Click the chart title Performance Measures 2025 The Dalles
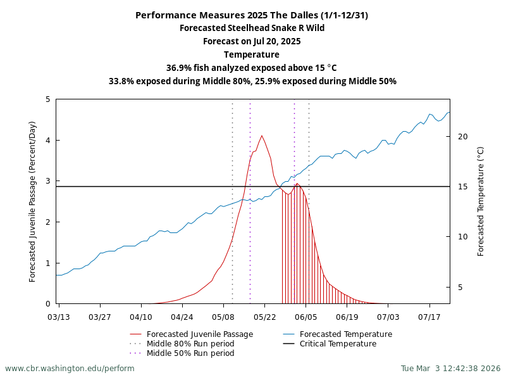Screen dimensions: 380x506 pos(252,15)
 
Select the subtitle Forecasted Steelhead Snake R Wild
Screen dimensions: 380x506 pos(252,28)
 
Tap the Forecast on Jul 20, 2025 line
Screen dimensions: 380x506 pos(252,41)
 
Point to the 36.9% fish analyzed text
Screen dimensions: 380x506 pos(252,68)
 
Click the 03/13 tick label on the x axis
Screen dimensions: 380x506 pos(59,316)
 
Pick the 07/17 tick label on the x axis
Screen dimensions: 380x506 pos(429,316)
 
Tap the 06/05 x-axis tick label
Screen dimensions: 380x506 pos(305,316)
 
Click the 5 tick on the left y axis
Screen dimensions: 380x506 pos(48,99)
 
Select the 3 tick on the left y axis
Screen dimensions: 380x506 pos(48,181)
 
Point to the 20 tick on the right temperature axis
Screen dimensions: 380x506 pos(462,137)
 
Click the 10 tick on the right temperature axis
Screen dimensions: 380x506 pos(462,237)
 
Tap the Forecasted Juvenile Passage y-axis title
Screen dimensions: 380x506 pos(33,201)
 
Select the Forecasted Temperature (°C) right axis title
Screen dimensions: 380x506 pos(481,201)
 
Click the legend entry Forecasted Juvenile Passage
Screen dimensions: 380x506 pos(199,334)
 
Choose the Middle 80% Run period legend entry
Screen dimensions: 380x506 pos(190,344)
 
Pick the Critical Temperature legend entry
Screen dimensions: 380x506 pos(338,344)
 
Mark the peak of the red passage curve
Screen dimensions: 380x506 pos(262,136)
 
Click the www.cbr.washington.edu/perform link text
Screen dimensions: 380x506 pos(70,368)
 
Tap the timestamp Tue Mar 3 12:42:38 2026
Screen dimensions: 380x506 pos(450,368)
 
